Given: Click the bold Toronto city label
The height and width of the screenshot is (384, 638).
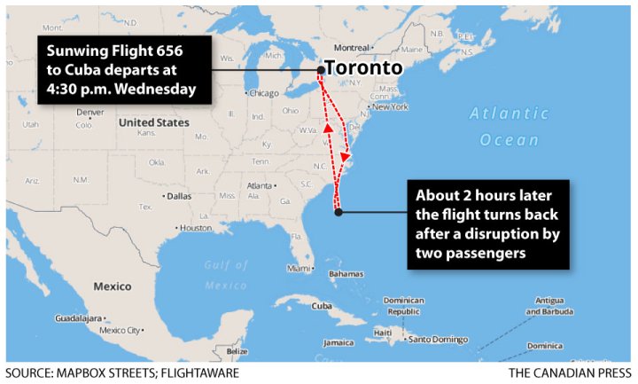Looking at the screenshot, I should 363,68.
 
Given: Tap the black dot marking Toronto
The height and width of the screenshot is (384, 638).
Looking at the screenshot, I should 320,69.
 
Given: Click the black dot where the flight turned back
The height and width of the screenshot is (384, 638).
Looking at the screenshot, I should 338,211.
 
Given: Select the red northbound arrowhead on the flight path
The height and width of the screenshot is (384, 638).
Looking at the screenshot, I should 328,129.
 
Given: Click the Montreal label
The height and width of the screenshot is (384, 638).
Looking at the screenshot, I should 351,48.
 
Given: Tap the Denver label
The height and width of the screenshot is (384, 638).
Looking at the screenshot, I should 89,113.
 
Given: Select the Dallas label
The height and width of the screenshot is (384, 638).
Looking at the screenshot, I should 180,195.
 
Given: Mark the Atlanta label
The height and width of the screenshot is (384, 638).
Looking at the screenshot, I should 261,185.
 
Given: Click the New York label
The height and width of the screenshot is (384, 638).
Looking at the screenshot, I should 389,107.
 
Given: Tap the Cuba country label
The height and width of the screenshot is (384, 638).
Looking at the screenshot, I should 321,306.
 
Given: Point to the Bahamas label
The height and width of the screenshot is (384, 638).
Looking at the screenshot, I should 346,274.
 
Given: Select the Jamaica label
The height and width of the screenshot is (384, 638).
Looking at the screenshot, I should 338,342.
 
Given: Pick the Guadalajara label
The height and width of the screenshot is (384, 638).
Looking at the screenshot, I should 78,317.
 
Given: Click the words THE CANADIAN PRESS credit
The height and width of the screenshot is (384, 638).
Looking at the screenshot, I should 569,373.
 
